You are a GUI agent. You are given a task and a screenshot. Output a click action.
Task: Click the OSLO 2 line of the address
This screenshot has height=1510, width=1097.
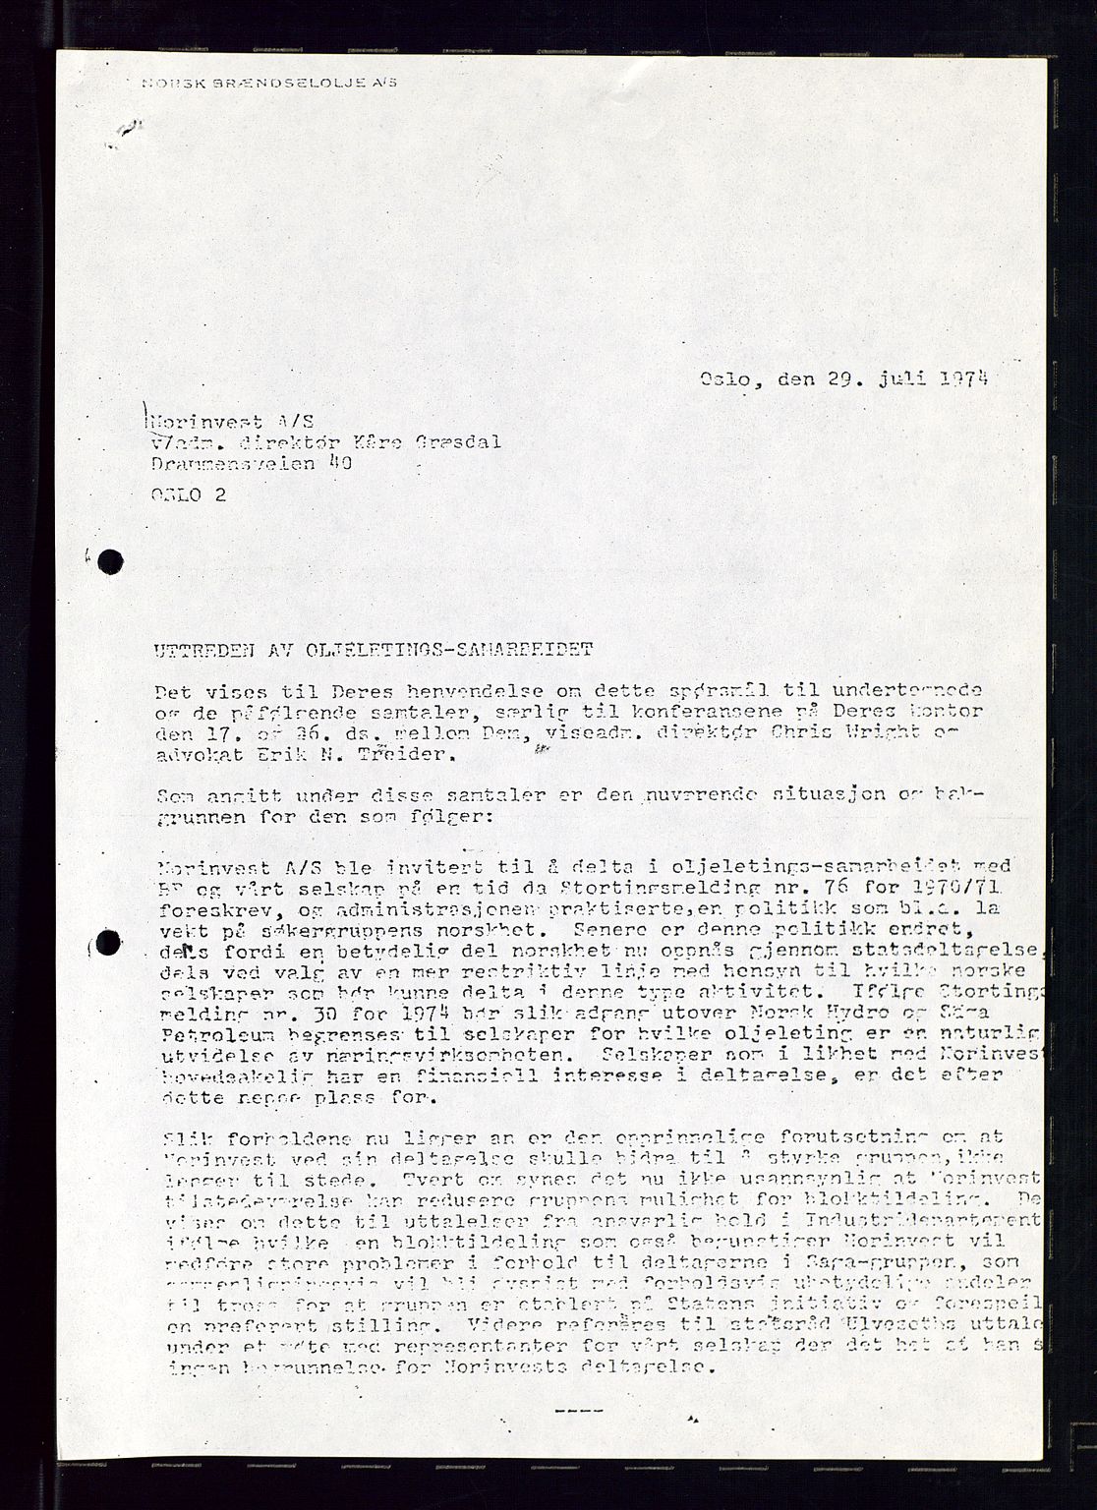[189, 494]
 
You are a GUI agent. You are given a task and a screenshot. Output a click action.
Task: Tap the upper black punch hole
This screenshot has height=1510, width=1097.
[110, 561]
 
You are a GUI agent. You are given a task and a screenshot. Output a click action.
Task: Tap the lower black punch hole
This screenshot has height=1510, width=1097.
[108, 945]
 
